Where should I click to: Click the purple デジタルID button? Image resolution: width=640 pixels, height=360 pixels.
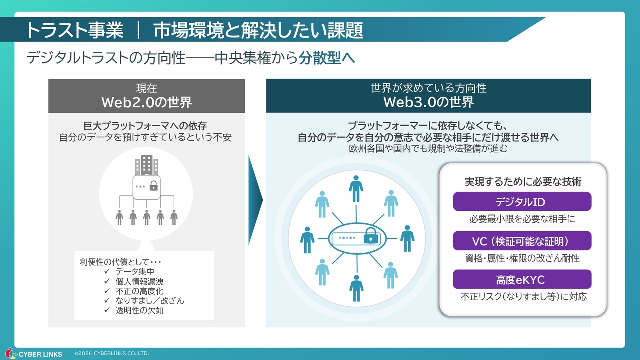click(x=522, y=202)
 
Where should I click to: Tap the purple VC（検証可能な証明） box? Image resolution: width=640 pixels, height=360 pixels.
click(x=522, y=241)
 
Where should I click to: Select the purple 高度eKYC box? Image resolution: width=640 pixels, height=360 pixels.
click(x=522, y=279)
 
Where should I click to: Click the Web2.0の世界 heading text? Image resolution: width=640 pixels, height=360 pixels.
click(x=146, y=103)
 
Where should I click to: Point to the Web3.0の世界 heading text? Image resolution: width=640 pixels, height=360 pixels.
click(x=428, y=103)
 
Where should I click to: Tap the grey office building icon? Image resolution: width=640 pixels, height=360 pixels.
click(x=146, y=165)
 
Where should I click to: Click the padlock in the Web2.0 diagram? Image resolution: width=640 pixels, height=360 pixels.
click(x=153, y=186)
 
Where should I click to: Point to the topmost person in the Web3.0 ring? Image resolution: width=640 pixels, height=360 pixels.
click(x=356, y=188)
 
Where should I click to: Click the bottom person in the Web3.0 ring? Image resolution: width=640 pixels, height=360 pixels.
click(x=356, y=288)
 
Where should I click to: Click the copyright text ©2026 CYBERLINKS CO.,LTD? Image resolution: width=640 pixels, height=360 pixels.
click(x=111, y=353)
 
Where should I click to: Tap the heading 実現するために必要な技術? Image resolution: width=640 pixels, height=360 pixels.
click(x=523, y=181)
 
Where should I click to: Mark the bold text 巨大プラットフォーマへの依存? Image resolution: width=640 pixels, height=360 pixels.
click(x=145, y=125)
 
